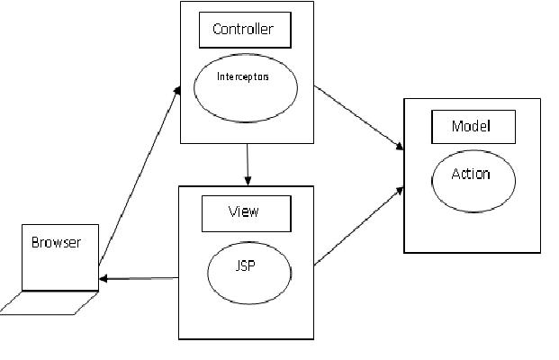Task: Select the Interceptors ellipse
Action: [x=246, y=87]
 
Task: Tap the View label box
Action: [x=246, y=213]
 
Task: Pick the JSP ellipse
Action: [x=248, y=272]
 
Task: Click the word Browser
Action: [x=56, y=243]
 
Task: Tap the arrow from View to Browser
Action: [x=140, y=278]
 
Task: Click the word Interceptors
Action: [x=243, y=76]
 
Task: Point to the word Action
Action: [x=471, y=174]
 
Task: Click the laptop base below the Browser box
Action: [x=50, y=303]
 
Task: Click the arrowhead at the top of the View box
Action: [x=248, y=180]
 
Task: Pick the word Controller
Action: [x=242, y=30]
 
